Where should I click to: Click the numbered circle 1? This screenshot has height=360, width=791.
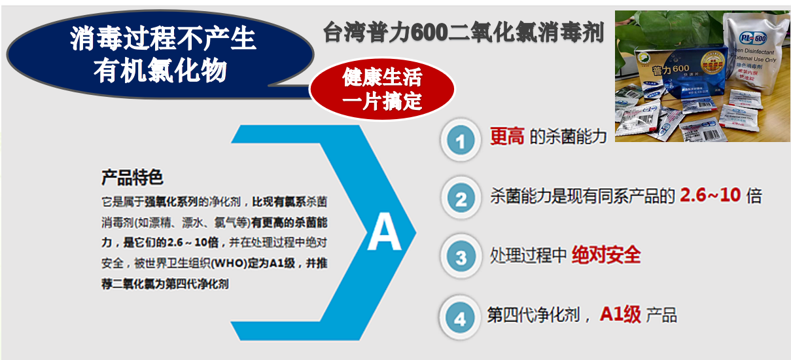click(x=461, y=141)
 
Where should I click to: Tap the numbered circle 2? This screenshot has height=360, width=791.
click(x=461, y=198)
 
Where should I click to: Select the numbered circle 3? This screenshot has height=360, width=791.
click(x=461, y=257)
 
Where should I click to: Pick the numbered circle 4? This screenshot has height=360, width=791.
click(x=461, y=317)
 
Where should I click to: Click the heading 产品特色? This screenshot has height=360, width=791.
click(x=132, y=177)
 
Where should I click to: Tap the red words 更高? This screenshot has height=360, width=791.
click(x=507, y=137)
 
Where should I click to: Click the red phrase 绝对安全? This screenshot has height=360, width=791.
click(x=606, y=255)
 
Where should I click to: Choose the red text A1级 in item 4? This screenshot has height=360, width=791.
click(x=620, y=315)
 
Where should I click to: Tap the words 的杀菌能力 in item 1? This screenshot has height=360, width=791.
click(x=567, y=138)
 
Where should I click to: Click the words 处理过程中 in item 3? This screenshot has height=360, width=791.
click(x=528, y=255)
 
